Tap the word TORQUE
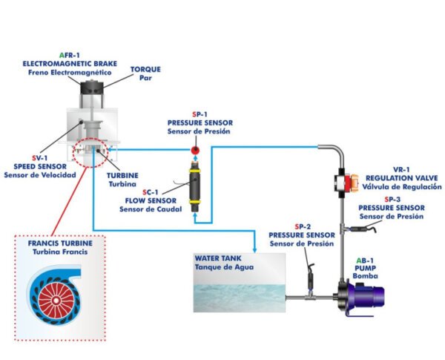[145, 69]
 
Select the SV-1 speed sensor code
[31, 157]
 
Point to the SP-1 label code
[199, 114]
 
